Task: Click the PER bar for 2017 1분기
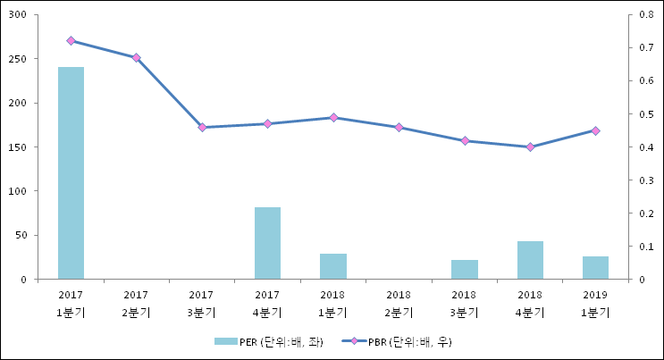click(x=71, y=173)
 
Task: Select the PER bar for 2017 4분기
click(x=267, y=243)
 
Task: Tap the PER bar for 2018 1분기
click(x=333, y=266)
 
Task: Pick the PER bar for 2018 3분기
click(x=465, y=270)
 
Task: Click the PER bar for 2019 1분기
click(x=595, y=268)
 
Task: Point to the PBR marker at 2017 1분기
click(x=71, y=40)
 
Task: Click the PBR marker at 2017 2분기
click(x=136, y=57)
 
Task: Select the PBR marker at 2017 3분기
click(x=202, y=127)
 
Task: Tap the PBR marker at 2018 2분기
click(x=399, y=127)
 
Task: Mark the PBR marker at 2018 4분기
click(x=530, y=147)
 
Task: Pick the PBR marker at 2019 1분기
click(x=595, y=130)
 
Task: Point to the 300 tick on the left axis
click(x=19, y=15)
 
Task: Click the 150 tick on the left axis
click(x=19, y=147)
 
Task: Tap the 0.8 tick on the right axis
click(x=635, y=15)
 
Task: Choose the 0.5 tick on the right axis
click(x=635, y=114)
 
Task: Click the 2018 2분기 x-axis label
click(x=399, y=304)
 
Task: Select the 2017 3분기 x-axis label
click(x=202, y=304)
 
